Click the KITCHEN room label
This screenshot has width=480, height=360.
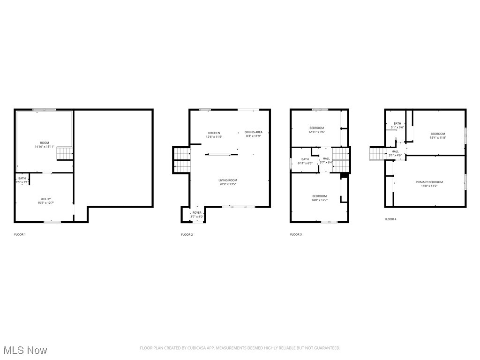214,133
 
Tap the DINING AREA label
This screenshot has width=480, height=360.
254,132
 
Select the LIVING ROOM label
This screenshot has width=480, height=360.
228,180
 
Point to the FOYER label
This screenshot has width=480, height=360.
197,213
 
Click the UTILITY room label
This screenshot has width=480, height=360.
45,199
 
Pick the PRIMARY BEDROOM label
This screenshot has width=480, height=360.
429,182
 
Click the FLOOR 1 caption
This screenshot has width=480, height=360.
20,234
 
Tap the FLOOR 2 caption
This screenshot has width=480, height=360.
187,234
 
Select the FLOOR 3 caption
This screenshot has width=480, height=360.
296,234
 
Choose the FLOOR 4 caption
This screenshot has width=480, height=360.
390,219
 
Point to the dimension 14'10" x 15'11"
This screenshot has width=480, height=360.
45,147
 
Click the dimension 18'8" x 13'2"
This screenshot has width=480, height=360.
429,186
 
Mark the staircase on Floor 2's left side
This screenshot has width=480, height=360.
181,159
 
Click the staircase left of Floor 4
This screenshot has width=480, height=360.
377,153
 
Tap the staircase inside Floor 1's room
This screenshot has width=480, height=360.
64,153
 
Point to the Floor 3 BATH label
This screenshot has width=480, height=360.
305,159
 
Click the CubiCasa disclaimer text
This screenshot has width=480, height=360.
240,348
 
